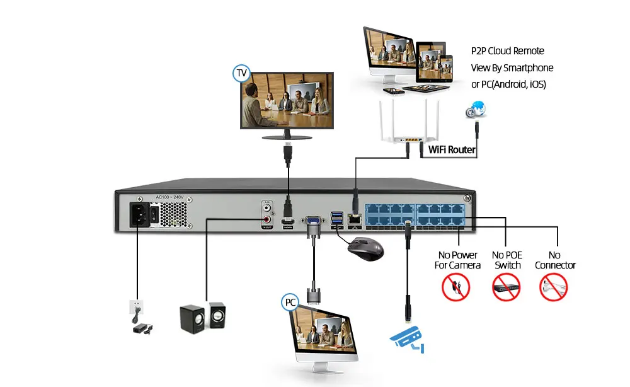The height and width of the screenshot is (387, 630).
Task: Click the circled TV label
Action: pos(241,73)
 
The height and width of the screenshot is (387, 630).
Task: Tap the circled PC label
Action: pos(290,303)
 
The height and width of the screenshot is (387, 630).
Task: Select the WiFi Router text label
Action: pos(452,150)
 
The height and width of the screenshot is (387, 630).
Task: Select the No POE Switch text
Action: pos(507,260)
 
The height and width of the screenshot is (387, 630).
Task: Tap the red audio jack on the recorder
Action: pos(268,220)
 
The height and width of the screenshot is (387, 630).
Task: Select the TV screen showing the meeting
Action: pos(288,103)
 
